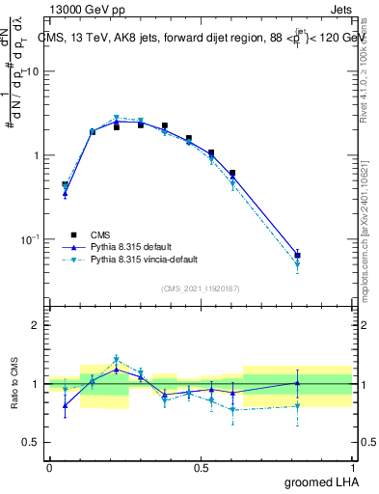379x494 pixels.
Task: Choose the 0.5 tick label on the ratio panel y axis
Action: click(32, 442)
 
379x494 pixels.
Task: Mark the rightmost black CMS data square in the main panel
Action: click(298, 256)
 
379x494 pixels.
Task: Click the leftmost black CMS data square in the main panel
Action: click(65, 184)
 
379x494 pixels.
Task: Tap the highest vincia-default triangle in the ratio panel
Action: click(117, 359)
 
